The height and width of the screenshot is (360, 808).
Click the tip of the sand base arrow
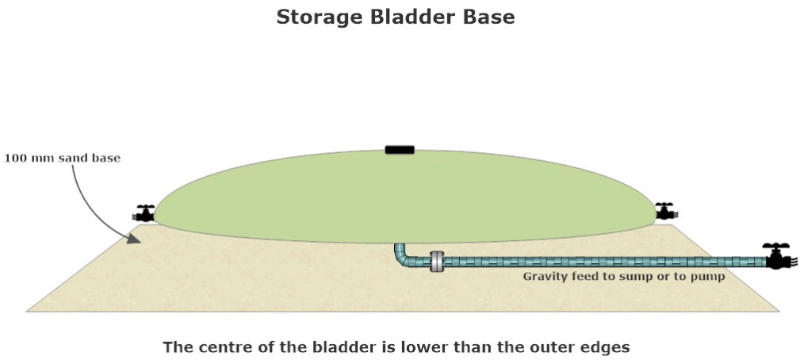click(x=140, y=243)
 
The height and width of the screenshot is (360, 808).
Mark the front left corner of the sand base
click(x=27, y=311)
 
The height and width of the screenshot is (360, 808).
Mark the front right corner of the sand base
click(x=779, y=311)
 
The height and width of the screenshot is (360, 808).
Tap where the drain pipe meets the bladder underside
click(x=400, y=243)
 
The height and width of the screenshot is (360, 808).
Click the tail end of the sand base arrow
click(x=72, y=167)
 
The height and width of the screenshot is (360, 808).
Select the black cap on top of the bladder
click(x=400, y=149)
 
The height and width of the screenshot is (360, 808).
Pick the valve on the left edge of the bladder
click(x=145, y=213)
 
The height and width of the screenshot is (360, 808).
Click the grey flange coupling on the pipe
click(x=436, y=262)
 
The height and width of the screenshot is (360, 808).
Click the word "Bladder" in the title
click(x=399, y=17)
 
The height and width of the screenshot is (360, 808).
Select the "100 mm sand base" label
click(x=63, y=158)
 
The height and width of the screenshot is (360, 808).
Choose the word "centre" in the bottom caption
click(x=213, y=347)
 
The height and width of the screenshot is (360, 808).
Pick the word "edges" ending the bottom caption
click(x=607, y=347)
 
